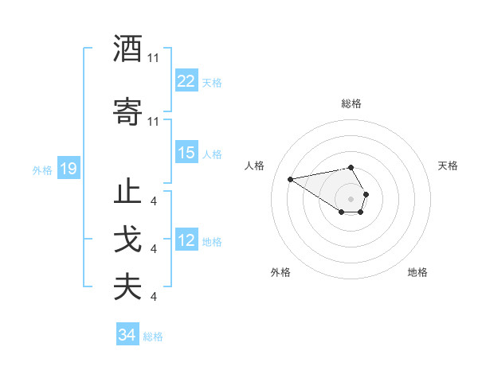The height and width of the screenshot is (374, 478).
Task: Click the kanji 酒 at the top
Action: click(127, 49)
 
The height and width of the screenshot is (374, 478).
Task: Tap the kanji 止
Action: click(127, 193)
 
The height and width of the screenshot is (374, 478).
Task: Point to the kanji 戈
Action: click(127, 241)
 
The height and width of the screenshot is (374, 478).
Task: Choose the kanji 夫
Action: click(127, 288)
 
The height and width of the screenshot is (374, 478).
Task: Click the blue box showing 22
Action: click(186, 81)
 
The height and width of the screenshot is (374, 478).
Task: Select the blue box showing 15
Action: click(186, 153)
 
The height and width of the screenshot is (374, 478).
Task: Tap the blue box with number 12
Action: click(186, 241)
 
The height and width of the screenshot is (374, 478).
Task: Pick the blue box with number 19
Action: click(68, 169)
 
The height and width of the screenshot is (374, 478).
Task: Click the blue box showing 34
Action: click(127, 335)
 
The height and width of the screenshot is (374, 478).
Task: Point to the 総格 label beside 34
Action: click(153, 337)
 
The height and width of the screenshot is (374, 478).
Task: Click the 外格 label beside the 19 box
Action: click(42, 169)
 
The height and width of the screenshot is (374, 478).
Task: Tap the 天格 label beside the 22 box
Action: click(212, 82)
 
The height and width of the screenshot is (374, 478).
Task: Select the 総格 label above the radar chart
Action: click(351, 103)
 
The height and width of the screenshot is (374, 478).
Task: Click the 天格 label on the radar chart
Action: click(448, 166)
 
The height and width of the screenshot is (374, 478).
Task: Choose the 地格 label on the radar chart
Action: click(417, 272)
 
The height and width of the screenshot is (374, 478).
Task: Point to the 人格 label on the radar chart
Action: click(255, 166)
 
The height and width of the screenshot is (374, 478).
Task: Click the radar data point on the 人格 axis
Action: click(290, 178)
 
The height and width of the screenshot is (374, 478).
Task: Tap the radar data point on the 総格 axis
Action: click(351, 167)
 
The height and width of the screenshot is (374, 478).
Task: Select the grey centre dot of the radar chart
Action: click(351, 198)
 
